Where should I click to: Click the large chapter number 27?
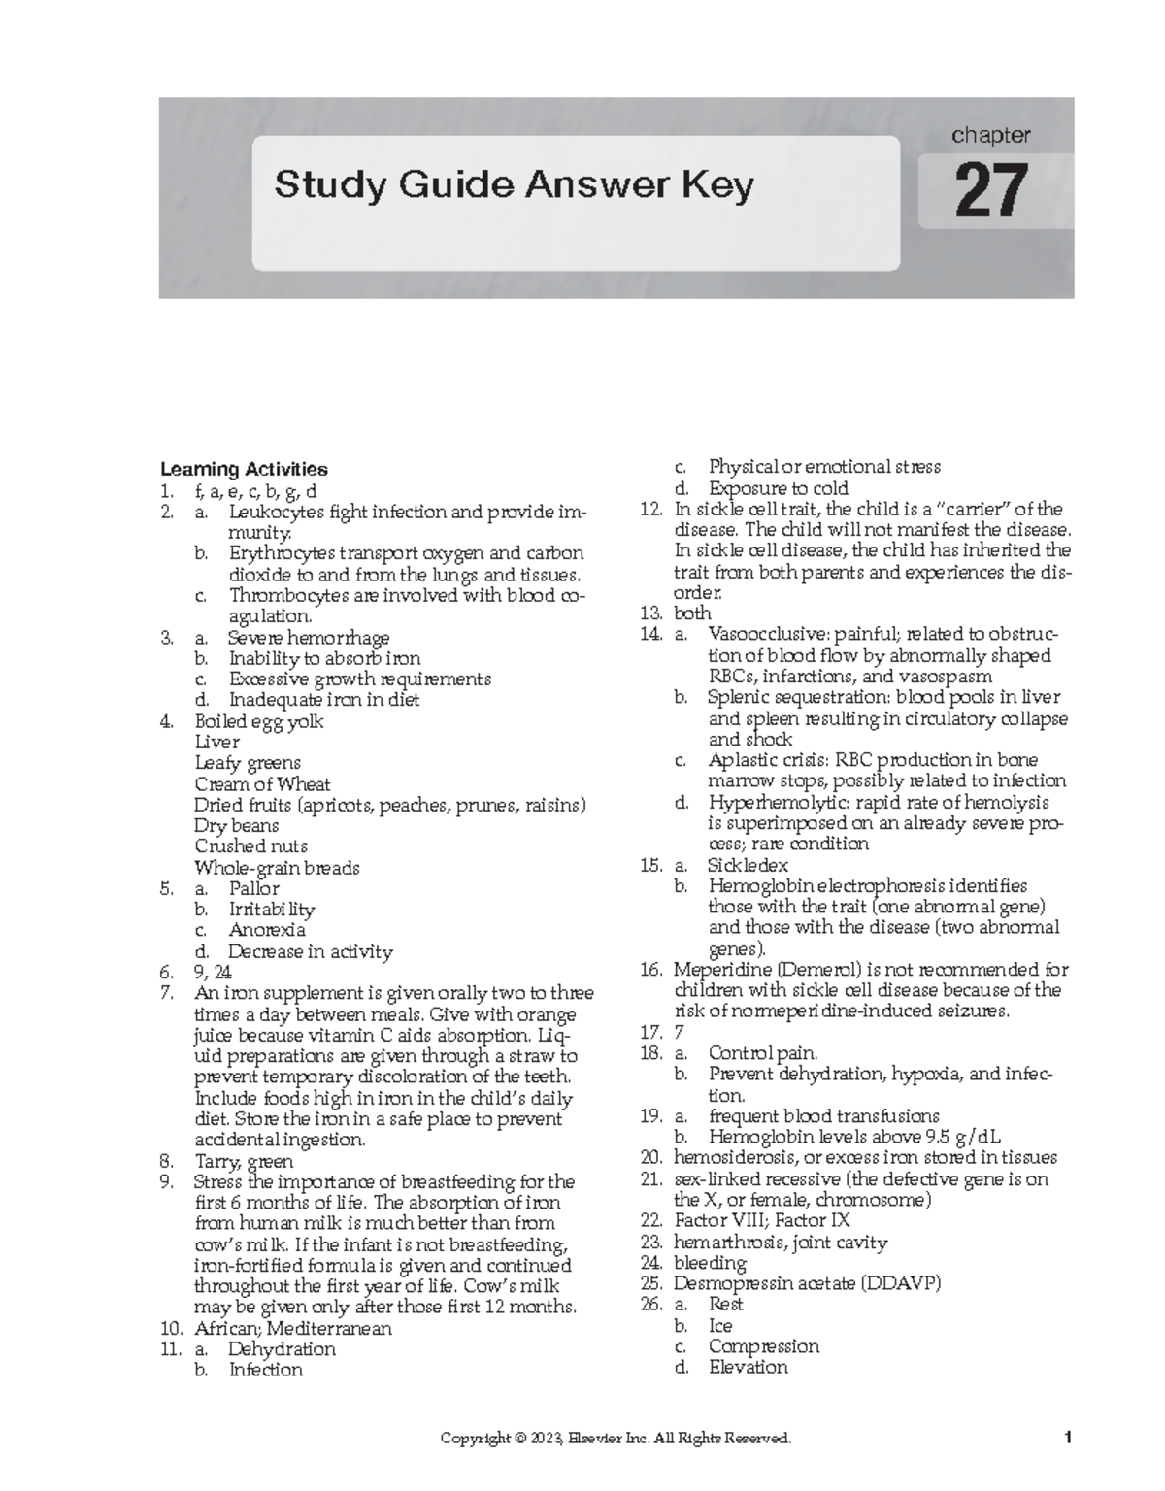(991, 191)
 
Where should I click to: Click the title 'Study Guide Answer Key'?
(514, 184)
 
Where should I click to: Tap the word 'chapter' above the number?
(990, 135)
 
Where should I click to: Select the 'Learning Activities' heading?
(244, 469)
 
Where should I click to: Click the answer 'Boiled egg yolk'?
(258, 721)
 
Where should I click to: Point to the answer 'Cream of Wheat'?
(262, 783)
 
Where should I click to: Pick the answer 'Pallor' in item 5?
(253, 888)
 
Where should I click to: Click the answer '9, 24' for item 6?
(213, 972)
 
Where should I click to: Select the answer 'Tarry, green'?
(244, 1161)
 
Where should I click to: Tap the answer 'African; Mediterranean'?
(293, 1328)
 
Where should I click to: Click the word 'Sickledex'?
(748, 865)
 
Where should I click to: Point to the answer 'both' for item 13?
(692, 613)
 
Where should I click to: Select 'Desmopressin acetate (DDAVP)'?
(808, 1283)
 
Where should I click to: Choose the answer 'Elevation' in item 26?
(748, 1367)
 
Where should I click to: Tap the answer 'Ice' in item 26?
(720, 1326)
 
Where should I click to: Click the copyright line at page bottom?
(616, 1439)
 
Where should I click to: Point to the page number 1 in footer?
(1067, 1439)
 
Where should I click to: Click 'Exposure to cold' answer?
(778, 488)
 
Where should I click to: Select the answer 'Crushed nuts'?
(250, 846)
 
